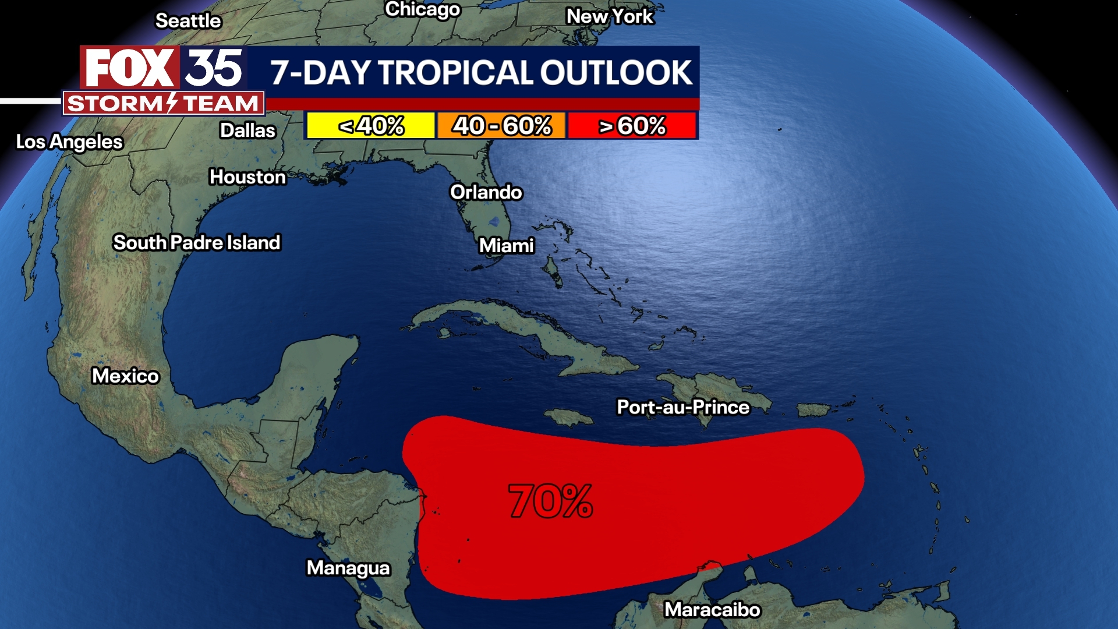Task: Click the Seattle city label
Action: (x=188, y=21)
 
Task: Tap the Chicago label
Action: (x=423, y=9)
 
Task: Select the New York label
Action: (x=610, y=16)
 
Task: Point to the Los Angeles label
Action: (x=69, y=142)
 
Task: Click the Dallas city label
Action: (x=247, y=130)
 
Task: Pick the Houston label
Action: (x=247, y=176)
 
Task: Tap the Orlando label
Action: (x=486, y=192)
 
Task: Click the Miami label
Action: (x=506, y=246)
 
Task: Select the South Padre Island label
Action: (x=197, y=242)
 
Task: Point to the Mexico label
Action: (x=125, y=376)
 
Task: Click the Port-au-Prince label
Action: (x=683, y=407)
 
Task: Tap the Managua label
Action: (x=348, y=568)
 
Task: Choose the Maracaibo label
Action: (x=712, y=610)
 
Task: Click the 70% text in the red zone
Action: (x=550, y=501)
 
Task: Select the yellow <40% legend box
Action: (x=371, y=126)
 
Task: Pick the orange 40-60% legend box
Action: (x=501, y=126)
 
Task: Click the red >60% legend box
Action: (x=632, y=126)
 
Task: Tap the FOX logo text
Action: (x=129, y=68)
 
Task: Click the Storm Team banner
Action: (x=164, y=104)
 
